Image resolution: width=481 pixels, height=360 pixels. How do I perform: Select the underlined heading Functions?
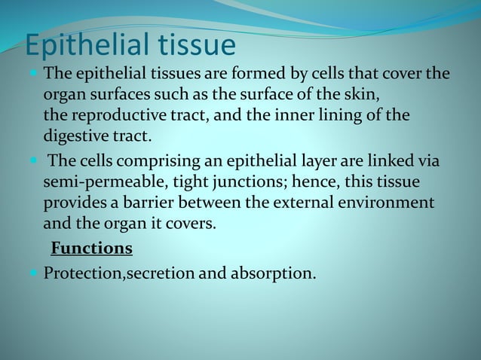[x=91, y=248]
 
